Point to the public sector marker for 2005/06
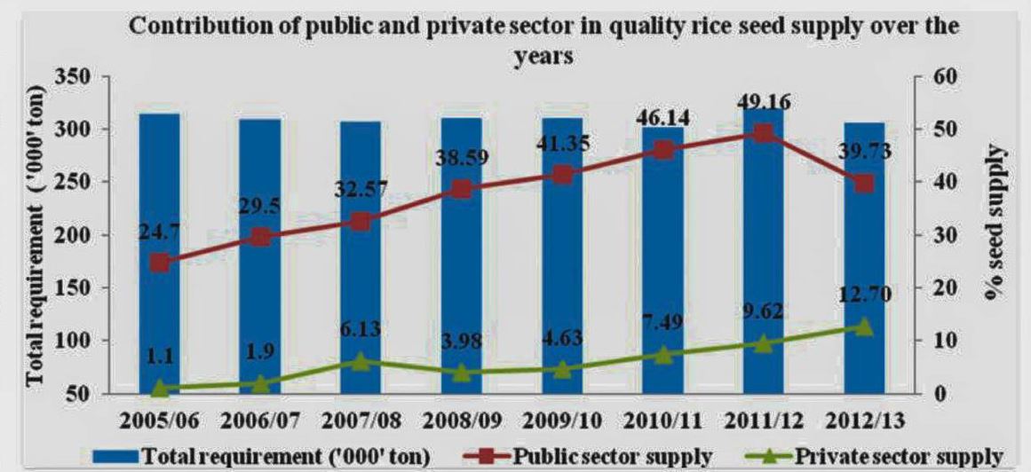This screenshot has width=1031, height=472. pos(160,263)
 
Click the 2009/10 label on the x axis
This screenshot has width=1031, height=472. pos(561,419)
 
